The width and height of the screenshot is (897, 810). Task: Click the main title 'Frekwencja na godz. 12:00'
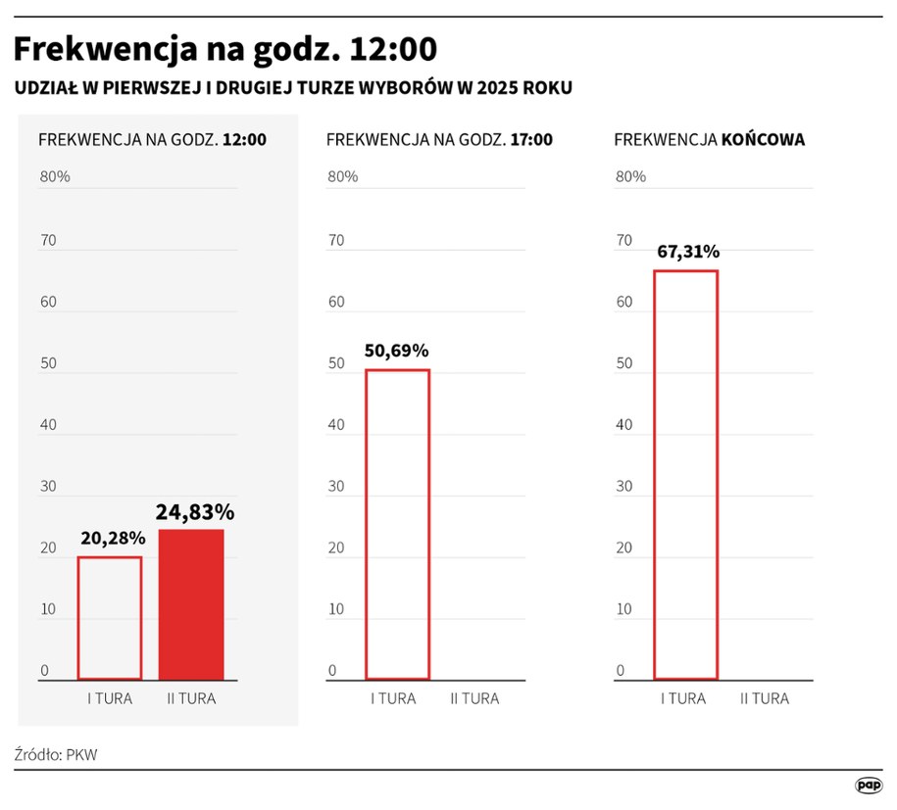(x=224, y=49)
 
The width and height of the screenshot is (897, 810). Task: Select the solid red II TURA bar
(x=191, y=604)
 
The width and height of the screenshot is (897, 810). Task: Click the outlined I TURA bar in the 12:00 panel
(x=110, y=618)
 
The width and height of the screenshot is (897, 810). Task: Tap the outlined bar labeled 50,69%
(x=397, y=524)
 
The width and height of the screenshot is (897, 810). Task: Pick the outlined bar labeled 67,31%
(x=685, y=475)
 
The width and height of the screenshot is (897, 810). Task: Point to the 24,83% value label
(x=194, y=511)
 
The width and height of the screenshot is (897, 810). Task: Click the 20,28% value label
(x=112, y=538)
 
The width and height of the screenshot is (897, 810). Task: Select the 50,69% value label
(x=396, y=351)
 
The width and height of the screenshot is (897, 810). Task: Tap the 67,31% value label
(x=687, y=252)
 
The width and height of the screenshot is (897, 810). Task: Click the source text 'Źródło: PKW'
(x=56, y=754)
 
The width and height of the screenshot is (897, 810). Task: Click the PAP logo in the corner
(x=868, y=785)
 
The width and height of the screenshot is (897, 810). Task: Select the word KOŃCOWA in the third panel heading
(x=763, y=140)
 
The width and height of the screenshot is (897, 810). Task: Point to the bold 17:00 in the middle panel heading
(x=530, y=140)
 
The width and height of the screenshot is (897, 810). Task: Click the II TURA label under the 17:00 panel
(x=474, y=698)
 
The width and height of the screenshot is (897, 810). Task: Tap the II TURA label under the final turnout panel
(x=764, y=698)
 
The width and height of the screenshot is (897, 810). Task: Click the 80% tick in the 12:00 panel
(x=54, y=177)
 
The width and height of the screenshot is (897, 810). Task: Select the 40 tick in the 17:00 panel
(x=336, y=425)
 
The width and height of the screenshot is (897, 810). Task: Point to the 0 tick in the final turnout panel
(x=620, y=671)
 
